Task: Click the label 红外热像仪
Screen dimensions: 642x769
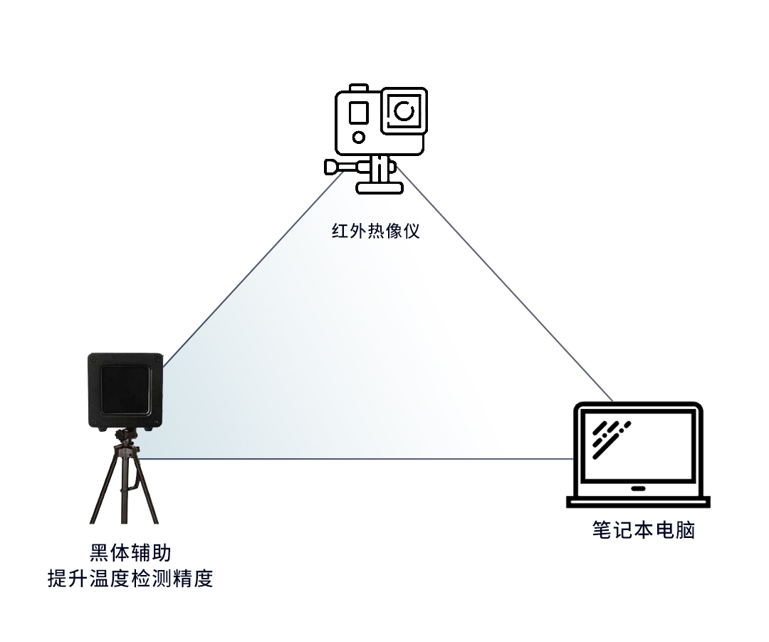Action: tap(376, 232)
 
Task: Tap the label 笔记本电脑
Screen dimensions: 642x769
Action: tap(643, 531)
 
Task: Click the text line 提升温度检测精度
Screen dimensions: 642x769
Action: tap(130, 578)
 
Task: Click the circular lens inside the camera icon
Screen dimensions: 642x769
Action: tap(404, 110)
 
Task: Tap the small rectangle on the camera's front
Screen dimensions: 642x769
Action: tap(358, 113)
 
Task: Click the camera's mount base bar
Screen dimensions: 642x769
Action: tap(380, 188)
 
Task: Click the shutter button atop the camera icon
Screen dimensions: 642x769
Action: tap(360, 88)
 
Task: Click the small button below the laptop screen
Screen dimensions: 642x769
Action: tap(638, 490)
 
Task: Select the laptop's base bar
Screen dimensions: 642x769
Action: tap(638, 502)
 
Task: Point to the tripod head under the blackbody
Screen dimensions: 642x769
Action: tap(127, 436)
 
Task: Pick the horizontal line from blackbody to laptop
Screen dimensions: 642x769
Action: tap(356, 459)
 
